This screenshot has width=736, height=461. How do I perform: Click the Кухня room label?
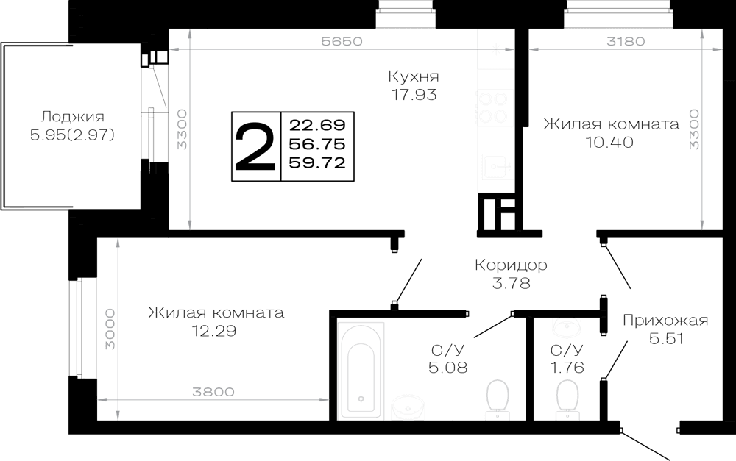[414, 76]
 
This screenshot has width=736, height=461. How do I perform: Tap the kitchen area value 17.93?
[414, 95]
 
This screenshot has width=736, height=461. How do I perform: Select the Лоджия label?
[72, 117]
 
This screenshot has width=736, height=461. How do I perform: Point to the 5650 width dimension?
[342, 41]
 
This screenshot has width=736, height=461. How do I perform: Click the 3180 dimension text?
[626, 41]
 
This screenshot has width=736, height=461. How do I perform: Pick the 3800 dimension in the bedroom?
[213, 392]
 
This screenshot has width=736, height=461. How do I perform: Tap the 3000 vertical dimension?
[110, 329]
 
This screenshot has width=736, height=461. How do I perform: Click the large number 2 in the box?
[255, 146]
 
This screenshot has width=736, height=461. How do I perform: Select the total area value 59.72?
[317, 162]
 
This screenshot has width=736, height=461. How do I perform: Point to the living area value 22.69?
[317, 125]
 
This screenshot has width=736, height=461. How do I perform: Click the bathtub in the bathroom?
[361, 370]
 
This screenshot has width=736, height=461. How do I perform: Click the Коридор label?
[511, 265]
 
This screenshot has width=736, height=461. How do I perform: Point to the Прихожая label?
[665, 321]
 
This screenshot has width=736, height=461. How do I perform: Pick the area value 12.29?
[214, 331]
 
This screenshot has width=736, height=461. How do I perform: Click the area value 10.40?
[609, 142]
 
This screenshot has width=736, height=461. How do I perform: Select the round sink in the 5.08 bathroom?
[408, 407]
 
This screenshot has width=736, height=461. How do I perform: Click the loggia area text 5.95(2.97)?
[72, 135]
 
